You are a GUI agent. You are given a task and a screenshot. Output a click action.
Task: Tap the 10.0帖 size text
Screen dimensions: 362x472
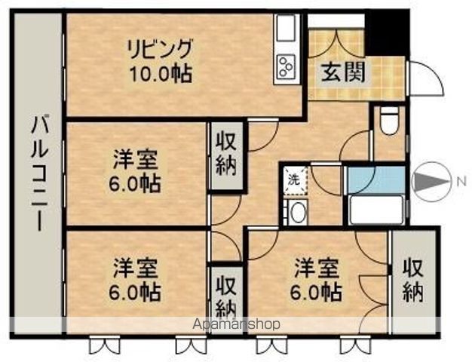(x=159, y=74)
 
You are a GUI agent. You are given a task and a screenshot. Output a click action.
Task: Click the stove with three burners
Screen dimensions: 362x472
(x=287, y=67)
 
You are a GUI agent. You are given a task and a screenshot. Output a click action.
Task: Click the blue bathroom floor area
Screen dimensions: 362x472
(x=375, y=180)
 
